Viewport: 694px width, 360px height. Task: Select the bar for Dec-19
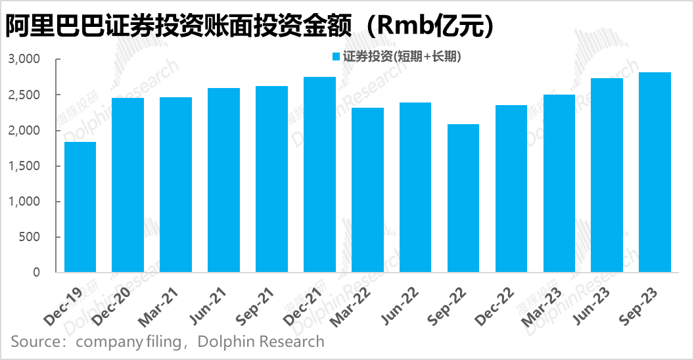[80, 207]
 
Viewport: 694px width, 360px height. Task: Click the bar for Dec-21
[319, 175]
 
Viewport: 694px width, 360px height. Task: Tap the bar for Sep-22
[463, 198]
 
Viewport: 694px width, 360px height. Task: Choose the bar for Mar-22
[367, 190]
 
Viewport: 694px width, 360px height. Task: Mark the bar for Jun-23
[607, 175]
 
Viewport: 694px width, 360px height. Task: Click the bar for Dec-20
[127, 185]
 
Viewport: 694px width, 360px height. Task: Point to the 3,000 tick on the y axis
[24, 60]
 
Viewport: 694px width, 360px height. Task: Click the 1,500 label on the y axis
[24, 166]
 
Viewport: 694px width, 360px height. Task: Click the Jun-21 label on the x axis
[222, 302]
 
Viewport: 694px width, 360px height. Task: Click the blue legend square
[336, 57]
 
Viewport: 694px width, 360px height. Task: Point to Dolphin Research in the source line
[261, 342]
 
